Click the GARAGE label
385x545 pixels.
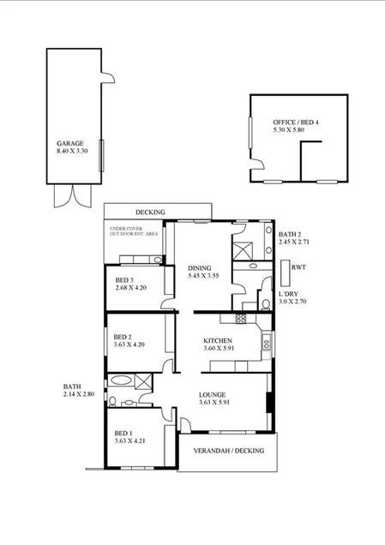69,143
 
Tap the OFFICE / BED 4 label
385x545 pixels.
296,123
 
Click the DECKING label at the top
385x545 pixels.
149,213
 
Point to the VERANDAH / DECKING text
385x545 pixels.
228,451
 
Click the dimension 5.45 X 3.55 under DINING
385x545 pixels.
204,277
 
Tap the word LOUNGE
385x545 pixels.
211,394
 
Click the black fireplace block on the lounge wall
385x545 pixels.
269,401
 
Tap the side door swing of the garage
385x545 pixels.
107,80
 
